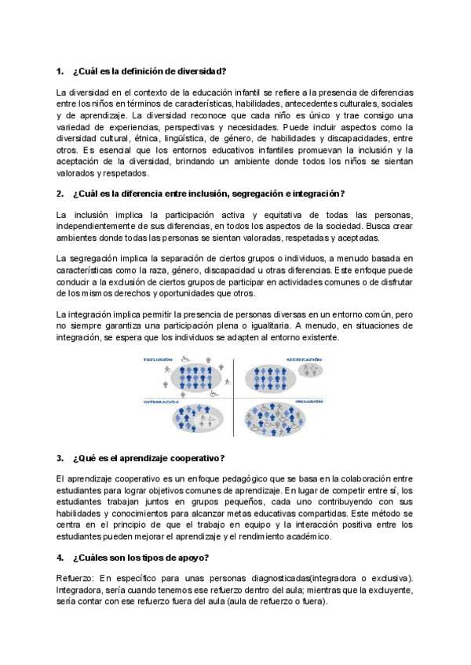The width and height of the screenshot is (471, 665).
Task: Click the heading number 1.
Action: (x=60, y=72)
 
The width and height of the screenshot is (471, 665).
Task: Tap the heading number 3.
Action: (x=60, y=458)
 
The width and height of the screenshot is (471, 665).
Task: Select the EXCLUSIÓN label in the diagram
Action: (x=157, y=360)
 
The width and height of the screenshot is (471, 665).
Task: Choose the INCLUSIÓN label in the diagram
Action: (x=309, y=402)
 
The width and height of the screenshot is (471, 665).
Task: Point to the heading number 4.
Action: (x=60, y=558)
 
